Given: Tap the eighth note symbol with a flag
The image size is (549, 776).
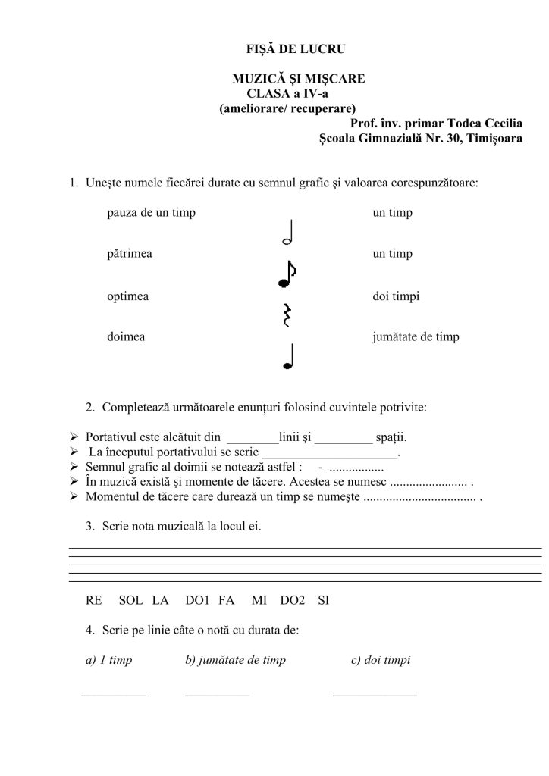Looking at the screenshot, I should pos(287,274).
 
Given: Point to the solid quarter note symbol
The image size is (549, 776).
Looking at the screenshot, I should pos(287,357).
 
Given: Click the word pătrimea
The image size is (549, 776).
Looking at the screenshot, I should pos(130,254).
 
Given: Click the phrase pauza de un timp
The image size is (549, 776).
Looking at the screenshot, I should pos(151,213).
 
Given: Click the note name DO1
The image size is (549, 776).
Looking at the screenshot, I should pos(196,601).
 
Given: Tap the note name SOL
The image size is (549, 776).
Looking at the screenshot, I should pos(131,601).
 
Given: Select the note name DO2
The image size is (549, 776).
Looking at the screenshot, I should pos(292,601).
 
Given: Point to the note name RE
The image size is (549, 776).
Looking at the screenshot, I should pos(94,601).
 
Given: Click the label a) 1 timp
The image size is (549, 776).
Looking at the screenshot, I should pos(110,660).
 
